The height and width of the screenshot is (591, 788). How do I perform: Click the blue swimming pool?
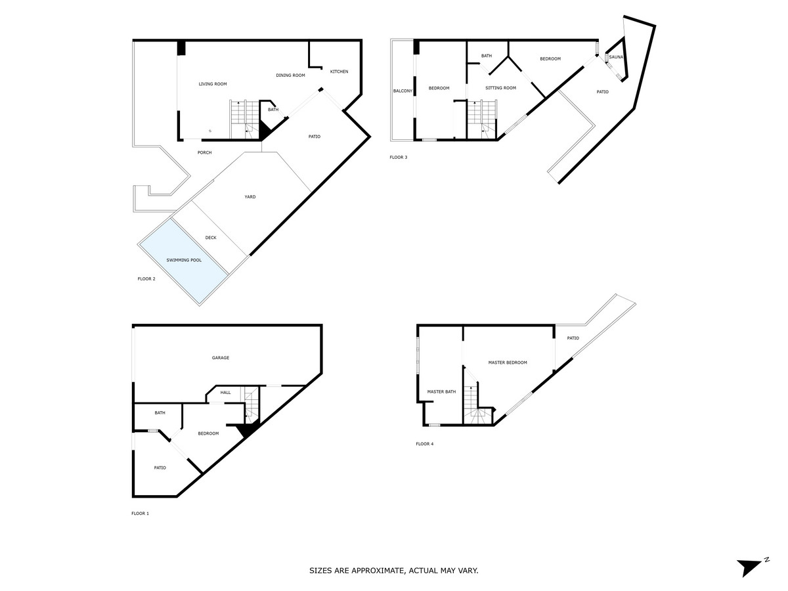click(x=183, y=261)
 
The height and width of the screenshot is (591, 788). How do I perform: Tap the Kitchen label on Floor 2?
click(x=339, y=72)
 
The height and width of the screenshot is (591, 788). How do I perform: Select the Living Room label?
click(x=213, y=84)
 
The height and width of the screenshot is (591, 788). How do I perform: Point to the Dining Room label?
click(x=290, y=76)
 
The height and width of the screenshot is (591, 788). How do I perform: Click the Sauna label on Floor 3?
click(x=616, y=58)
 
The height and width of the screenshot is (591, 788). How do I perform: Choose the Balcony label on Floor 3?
click(x=403, y=91)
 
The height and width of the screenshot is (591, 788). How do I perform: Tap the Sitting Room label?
click(x=500, y=88)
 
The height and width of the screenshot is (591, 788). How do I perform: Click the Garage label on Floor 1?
click(x=221, y=358)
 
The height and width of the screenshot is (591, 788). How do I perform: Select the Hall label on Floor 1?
click(x=225, y=393)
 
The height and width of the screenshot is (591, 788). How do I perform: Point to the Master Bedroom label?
click(x=507, y=362)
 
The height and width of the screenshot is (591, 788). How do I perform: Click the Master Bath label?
click(x=441, y=392)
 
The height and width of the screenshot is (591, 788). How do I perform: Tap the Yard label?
click(x=250, y=197)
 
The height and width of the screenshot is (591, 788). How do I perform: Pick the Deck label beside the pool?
click(x=210, y=238)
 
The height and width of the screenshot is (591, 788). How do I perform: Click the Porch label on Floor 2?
click(x=205, y=153)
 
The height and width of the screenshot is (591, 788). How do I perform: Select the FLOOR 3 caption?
click(x=399, y=158)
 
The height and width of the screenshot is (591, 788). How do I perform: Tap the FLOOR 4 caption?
click(x=424, y=444)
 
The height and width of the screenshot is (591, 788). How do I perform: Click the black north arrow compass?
click(x=749, y=567)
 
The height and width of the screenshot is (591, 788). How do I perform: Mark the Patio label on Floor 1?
click(x=160, y=468)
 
